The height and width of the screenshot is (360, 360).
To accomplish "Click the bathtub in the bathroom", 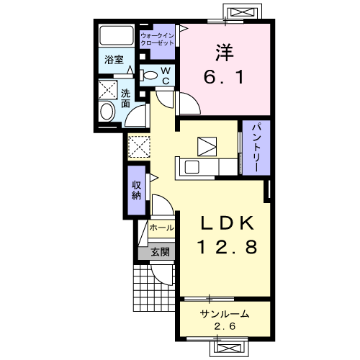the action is tap(117, 35).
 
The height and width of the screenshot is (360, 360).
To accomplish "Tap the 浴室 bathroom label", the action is tap(114, 60).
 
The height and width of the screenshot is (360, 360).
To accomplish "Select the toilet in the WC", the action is tap(148, 75).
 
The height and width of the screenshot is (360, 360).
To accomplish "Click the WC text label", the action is tap(166, 76).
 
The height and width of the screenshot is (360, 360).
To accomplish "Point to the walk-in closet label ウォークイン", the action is tap(157, 36).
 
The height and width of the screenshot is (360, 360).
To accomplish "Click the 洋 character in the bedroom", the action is tap(224, 53).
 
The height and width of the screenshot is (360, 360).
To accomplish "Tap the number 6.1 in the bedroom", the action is tap(224, 77).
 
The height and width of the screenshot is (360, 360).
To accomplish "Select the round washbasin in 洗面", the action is tap(107, 112).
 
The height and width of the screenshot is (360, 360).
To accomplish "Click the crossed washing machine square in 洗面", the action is tap(108, 90).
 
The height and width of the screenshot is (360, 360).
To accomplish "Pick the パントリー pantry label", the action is tap(256, 148).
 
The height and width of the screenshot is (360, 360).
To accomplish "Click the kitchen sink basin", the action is tap(192, 167).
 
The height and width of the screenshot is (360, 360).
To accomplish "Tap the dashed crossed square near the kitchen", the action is tap(139, 147).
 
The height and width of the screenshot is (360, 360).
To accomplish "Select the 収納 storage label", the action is tap(136, 190).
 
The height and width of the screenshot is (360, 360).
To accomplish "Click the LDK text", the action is tap(228, 223).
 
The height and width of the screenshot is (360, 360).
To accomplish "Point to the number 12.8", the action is tap(227, 247).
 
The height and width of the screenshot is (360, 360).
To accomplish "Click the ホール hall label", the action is tap(162, 228).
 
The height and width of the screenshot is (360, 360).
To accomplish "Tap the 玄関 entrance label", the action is tap(160, 252).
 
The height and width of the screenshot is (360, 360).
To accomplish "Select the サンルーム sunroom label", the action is tap(225, 314).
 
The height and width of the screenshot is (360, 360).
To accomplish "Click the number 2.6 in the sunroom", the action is tap(225, 326).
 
